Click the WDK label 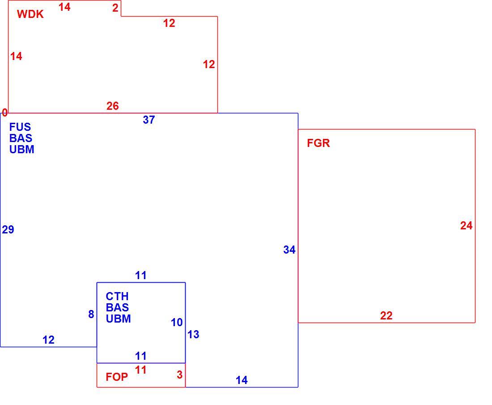[30, 14]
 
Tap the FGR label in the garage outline [318, 143]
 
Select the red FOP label [117, 377]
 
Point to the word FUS [20, 127]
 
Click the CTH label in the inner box [117, 296]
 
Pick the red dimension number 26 [113, 106]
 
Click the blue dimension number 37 [149, 120]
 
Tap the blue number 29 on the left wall [8, 230]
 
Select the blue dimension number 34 [289, 250]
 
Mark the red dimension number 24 [466, 226]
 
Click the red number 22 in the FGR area [386, 315]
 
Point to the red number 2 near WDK [115, 8]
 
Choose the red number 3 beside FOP [179, 375]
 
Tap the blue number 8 [91, 314]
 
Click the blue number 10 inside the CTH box [177, 323]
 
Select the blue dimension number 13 [193, 334]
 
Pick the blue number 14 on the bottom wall [242, 380]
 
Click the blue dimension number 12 [48, 340]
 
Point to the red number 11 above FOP [141, 370]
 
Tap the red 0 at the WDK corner [5, 112]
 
